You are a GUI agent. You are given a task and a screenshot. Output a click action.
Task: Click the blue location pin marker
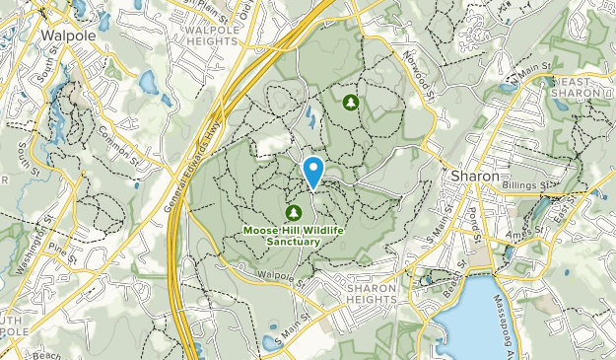(x=313, y=171)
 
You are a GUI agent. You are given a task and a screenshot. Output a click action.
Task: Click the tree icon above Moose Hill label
(x=293, y=212)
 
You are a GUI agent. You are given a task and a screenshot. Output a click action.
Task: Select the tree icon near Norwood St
(x=350, y=102)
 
